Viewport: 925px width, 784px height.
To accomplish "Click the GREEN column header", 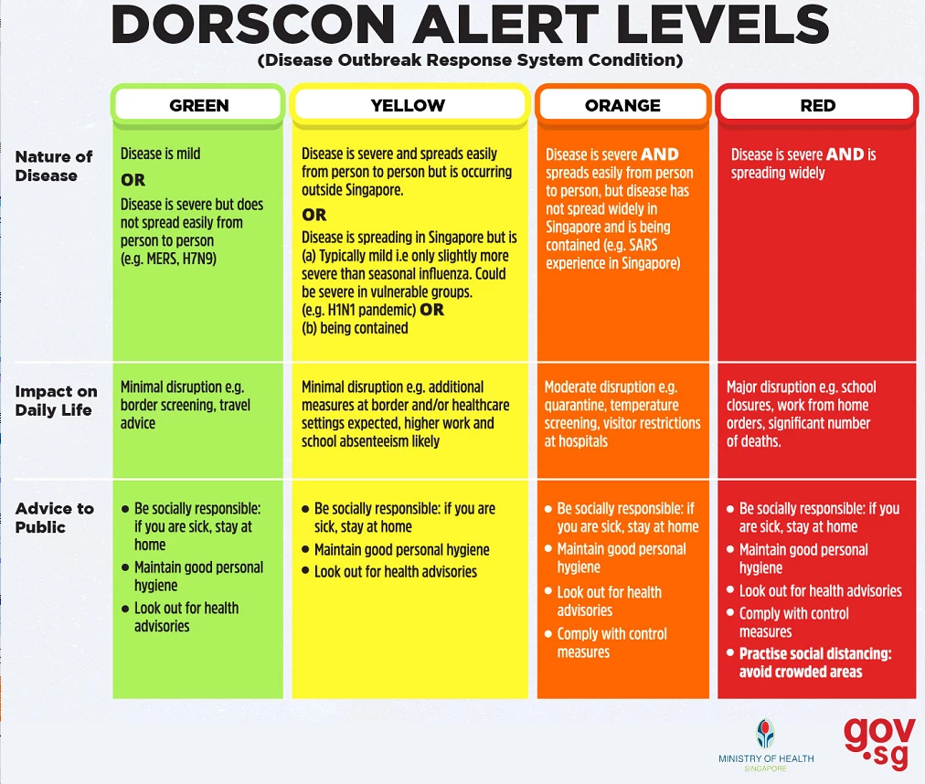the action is click(x=198, y=106).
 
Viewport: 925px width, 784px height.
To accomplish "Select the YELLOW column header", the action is click(x=409, y=106).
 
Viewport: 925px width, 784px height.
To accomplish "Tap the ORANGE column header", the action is click(x=623, y=106).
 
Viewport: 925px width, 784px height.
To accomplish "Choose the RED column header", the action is click(x=818, y=106).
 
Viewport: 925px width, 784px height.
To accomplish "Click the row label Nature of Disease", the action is click(x=54, y=165).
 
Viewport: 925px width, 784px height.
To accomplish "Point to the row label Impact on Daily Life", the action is click(x=56, y=400).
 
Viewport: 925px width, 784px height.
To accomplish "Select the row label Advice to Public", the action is click(x=54, y=517).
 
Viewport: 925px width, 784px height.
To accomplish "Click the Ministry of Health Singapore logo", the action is click(x=766, y=745).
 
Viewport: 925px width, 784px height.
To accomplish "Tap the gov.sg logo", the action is click(x=879, y=743).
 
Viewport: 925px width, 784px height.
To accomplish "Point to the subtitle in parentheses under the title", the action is click(x=470, y=60).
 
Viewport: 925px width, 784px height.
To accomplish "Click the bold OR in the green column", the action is click(x=133, y=180).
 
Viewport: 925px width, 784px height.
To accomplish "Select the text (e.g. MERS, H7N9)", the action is click(x=168, y=259).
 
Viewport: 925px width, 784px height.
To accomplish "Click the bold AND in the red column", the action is click(x=845, y=154).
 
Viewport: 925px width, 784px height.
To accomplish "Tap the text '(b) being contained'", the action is click(x=355, y=328).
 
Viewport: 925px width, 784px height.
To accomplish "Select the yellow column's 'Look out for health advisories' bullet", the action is click(x=389, y=572).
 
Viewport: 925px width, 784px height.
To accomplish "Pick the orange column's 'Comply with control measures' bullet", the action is click(x=606, y=643).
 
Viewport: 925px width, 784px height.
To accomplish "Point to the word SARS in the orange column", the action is click(x=643, y=245).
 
